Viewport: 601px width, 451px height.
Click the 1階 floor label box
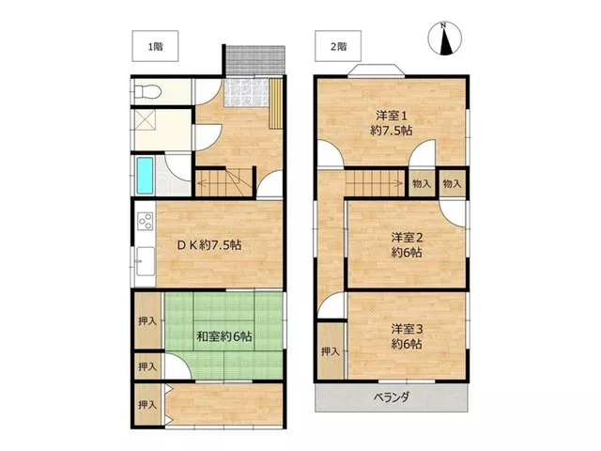coord(155,46)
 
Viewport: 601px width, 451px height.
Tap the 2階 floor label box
coord(338,46)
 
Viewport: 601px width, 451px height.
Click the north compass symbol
coord(444,39)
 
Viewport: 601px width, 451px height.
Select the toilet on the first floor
coord(147,92)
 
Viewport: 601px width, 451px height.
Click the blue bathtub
coord(146,176)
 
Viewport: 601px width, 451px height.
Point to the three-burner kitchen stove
coord(146,222)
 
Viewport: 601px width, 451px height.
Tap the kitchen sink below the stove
coord(146,261)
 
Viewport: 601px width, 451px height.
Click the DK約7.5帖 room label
coord(209,245)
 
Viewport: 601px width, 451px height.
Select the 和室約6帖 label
coord(224,336)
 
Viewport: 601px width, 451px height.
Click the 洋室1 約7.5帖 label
coord(392,123)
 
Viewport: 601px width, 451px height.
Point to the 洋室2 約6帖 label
coord(407,245)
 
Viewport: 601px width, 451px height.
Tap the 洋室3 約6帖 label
coord(407,336)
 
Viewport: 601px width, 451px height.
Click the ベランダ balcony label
coord(392,397)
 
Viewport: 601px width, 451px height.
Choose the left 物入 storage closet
coord(422,184)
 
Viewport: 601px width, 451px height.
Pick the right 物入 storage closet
coord(453,184)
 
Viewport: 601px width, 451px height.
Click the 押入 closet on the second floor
coord(331,350)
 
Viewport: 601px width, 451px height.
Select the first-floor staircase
coord(223,183)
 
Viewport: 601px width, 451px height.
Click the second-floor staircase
coord(375,183)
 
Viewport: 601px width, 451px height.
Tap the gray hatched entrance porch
coord(255,60)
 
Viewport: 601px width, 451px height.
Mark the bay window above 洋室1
coord(377,71)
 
